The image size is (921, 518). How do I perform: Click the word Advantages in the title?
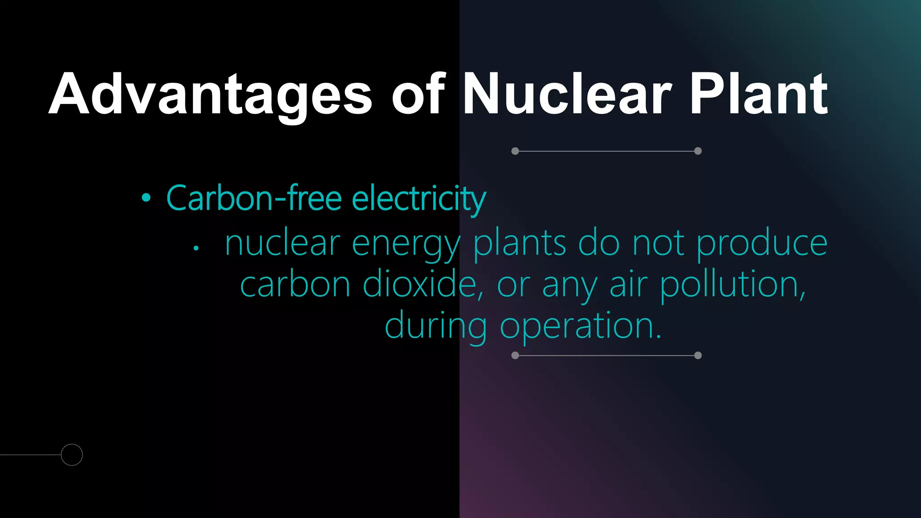[x=210, y=94]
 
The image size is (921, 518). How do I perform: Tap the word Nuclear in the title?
[x=567, y=94]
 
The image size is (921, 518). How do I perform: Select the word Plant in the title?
[x=759, y=94]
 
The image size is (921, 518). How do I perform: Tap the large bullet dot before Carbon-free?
[x=146, y=198]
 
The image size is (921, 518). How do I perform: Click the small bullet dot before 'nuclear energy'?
[x=196, y=248]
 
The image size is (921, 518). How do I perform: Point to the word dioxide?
[x=423, y=285]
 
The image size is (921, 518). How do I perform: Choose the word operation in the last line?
[x=581, y=326]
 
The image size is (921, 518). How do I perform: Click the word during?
[x=436, y=326]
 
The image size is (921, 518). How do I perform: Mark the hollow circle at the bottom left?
[x=72, y=455]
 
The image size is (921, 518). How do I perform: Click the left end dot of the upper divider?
[x=515, y=151]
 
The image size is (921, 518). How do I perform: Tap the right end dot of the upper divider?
[x=698, y=151]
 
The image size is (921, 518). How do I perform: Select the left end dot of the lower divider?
[x=515, y=356]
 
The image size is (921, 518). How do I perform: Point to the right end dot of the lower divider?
[x=698, y=356]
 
